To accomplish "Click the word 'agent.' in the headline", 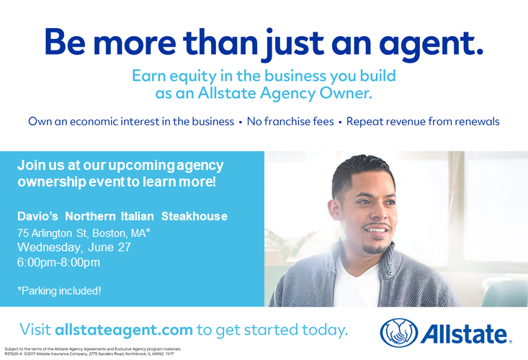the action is point(431,45).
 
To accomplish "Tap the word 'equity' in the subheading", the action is point(192,77).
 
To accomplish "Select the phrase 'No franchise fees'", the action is point(290,121).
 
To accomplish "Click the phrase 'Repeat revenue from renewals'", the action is point(423,122).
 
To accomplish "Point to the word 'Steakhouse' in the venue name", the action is point(194,216).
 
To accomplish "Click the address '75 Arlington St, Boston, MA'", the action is point(84,233).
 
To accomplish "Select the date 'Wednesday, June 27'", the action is point(73,247).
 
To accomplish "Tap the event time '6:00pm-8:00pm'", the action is point(58,262).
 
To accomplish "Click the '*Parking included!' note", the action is point(59,290).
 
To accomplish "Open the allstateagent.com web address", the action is point(124,329).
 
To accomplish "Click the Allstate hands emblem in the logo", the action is point(398,333).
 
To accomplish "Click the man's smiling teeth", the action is point(376,231).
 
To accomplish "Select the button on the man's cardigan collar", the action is point(390,273).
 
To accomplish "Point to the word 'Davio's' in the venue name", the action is point(37,216).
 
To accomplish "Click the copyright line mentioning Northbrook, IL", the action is point(89,354).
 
